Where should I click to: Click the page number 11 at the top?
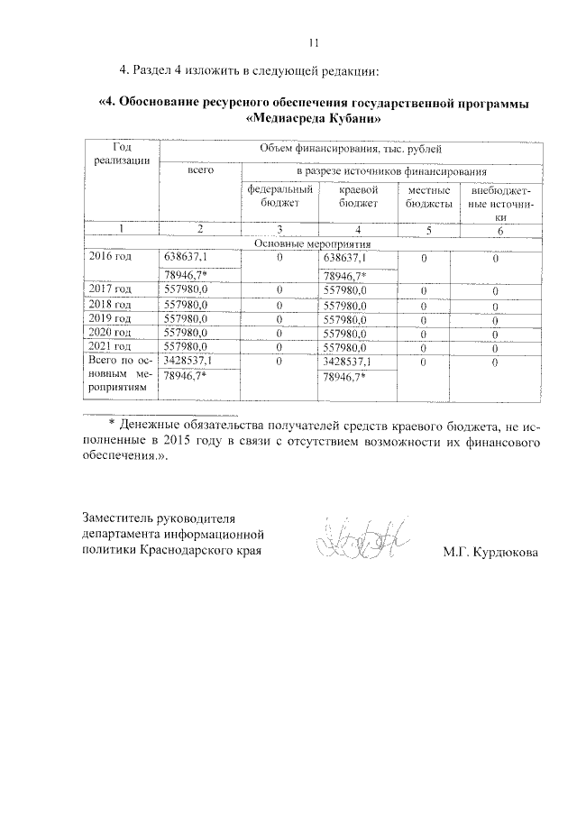pos(314,41)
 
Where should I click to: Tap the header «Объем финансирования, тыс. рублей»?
pos(351,150)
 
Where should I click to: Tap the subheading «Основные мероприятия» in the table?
pos(313,243)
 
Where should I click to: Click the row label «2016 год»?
pos(110,256)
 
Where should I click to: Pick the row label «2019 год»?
pos(110,318)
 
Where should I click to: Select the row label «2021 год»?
pos(110,346)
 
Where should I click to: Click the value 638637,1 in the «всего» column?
pos(186,256)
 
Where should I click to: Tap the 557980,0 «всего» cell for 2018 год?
pos(186,304)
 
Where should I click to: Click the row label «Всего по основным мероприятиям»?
pos(121,373)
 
